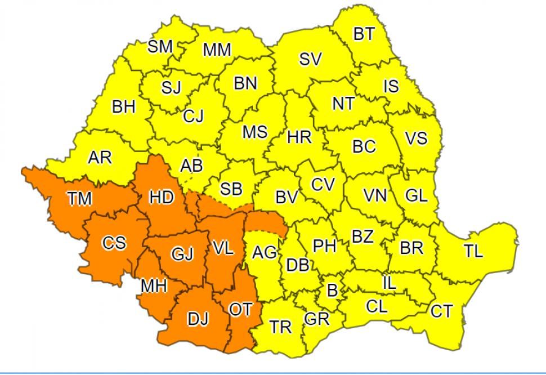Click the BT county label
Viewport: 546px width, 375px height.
[x=364, y=34]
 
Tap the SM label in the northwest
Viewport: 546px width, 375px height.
[x=160, y=47]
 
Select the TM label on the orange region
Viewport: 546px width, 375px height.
[x=79, y=198]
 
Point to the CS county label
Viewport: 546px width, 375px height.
[x=114, y=243]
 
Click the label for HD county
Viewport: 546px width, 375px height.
[x=162, y=197]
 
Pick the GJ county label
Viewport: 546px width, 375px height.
[x=182, y=255]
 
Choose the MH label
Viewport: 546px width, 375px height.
[x=154, y=286]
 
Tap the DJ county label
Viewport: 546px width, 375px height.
[x=198, y=319]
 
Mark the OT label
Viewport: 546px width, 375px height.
[x=240, y=309]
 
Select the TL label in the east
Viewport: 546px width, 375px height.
[x=473, y=251]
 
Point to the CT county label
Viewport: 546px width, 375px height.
[x=441, y=310]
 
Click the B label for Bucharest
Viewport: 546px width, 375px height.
[x=333, y=291]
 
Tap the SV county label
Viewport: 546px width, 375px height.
[x=310, y=59]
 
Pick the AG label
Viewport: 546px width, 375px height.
[x=264, y=253]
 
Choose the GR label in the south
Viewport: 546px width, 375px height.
[x=316, y=319]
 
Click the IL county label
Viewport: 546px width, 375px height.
[x=389, y=283]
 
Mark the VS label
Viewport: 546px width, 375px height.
[x=416, y=138]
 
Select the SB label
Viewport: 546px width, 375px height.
[x=231, y=189]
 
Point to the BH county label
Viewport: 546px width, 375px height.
[x=124, y=107]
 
